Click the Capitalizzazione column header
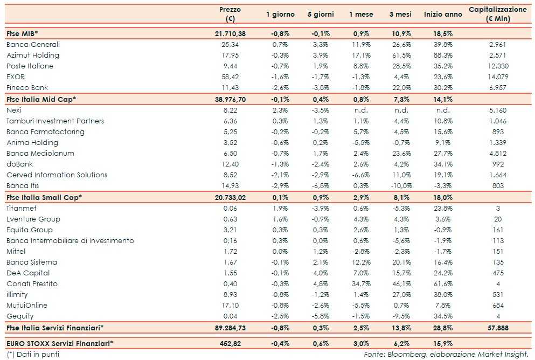click(x=497, y=14)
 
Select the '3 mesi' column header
click(x=400, y=15)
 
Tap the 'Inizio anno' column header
click(x=443, y=15)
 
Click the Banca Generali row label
click(x=33, y=44)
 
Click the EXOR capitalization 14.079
click(x=497, y=77)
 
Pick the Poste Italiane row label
click(x=31, y=66)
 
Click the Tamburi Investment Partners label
click(x=55, y=121)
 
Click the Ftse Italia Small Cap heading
click(x=44, y=197)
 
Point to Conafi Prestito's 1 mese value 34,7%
click(x=360, y=283)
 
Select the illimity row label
click(x=17, y=294)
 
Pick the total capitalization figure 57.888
click(x=497, y=328)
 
